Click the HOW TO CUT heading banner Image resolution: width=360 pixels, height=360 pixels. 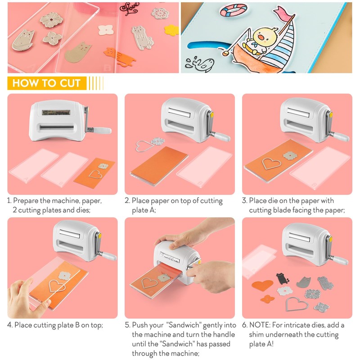[x=47, y=83]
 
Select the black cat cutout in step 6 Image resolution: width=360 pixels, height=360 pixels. [x=283, y=279]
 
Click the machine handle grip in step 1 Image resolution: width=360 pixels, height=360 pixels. [x=103, y=130]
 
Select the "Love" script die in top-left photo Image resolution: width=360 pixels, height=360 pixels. [x=131, y=9]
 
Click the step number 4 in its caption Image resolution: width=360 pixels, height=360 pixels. [x=9, y=325]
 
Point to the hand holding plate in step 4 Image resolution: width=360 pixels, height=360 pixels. [x=27, y=295]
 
